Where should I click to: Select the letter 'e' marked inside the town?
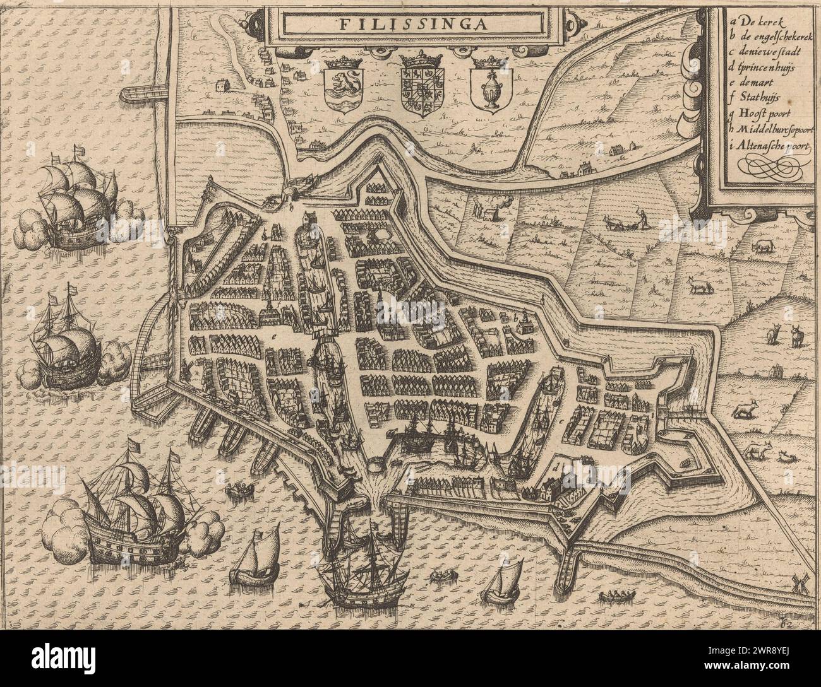[x=274, y=338]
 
